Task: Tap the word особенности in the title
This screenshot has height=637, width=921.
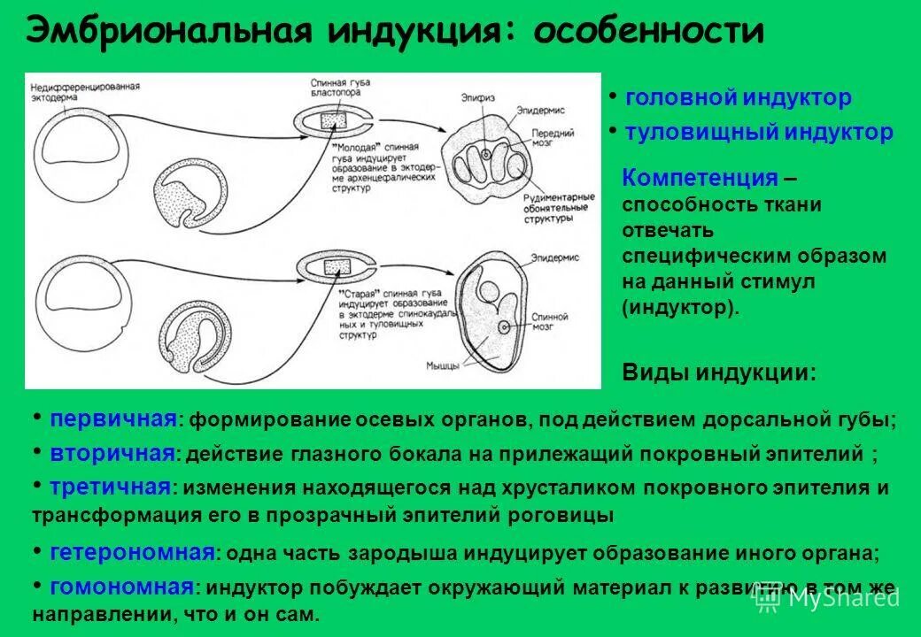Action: [x=652, y=32]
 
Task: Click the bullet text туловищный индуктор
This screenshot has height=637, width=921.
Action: [x=758, y=133]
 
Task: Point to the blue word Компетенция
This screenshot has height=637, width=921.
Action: [x=699, y=178]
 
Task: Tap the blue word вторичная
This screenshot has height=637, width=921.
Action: [x=112, y=454]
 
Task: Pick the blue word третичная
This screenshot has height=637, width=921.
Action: [x=110, y=487]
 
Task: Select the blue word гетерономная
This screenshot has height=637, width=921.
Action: [x=132, y=553]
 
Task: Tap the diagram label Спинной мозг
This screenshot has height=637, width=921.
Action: [x=551, y=319]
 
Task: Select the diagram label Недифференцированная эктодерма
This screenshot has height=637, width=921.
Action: [x=85, y=91]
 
